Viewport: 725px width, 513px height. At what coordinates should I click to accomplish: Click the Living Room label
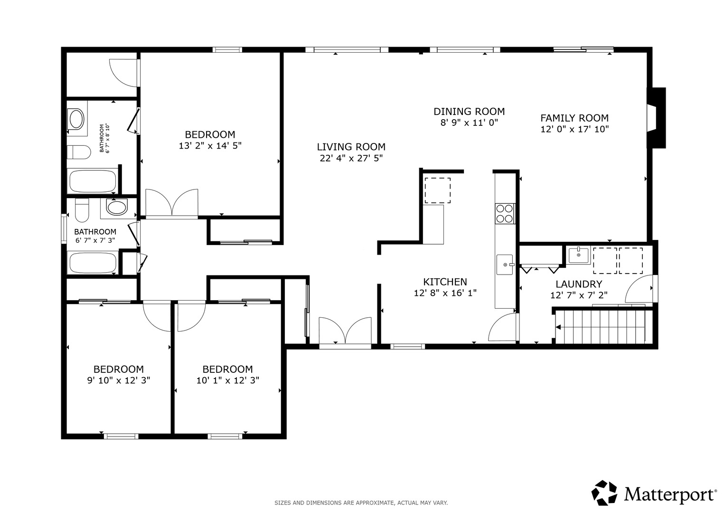tap(351, 147)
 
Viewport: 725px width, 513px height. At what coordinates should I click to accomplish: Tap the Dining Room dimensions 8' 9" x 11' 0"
tap(469, 123)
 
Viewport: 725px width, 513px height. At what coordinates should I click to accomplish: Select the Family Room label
tap(574, 118)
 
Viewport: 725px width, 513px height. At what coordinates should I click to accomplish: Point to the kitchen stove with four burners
tap(505, 214)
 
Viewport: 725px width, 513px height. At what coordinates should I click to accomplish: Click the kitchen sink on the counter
tap(505, 265)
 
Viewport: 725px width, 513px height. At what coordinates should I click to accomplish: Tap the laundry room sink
tap(579, 255)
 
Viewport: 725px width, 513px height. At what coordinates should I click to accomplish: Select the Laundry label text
tap(579, 284)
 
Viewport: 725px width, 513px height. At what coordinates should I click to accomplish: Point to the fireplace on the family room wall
tap(656, 118)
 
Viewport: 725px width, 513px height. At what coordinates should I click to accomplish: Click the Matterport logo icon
tap(604, 493)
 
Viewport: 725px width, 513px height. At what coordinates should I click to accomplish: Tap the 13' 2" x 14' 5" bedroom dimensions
tap(210, 146)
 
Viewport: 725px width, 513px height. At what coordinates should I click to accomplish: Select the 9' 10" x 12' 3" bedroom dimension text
tap(119, 380)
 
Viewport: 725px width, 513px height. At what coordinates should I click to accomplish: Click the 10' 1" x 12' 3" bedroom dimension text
tap(227, 380)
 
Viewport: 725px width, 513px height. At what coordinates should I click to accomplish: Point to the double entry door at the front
tap(345, 331)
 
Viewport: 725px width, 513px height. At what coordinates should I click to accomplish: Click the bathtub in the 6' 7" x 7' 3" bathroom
tap(93, 263)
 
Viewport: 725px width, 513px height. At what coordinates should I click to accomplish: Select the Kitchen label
tap(445, 282)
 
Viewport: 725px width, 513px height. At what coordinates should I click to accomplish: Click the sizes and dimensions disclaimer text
tap(361, 503)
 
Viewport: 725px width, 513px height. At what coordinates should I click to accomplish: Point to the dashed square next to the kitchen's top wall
tap(438, 190)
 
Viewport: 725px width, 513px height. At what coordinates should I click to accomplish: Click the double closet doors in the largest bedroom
tap(171, 203)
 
